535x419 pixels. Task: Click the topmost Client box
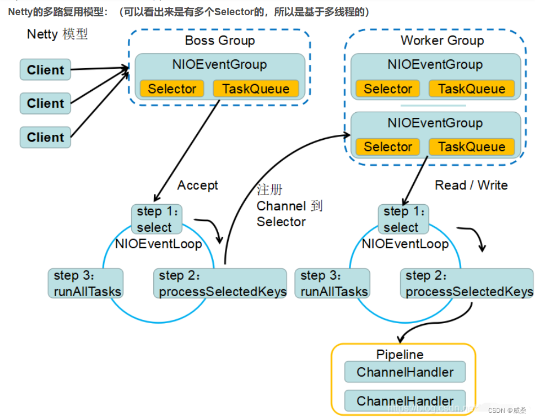pyautogui.click(x=45, y=70)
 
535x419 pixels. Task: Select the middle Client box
pyautogui.click(x=45, y=104)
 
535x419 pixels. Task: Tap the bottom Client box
pyautogui.click(x=45, y=137)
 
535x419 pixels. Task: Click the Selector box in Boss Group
pyautogui.click(x=172, y=89)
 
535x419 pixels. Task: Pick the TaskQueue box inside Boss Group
pyautogui.click(x=255, y=89)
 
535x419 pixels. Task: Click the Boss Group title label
pyautogui.click(x=219, y=41)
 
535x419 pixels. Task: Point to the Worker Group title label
pyautogui.click(x=442, y=41)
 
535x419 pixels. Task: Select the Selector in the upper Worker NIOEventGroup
pyautogui.click(x=387, y=89)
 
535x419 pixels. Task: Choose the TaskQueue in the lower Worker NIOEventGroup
pyautogui.click(x=471, y=147)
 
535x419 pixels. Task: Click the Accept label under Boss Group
pyautogui.click(x=197, y=185)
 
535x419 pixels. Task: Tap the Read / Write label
pyautogui.click(x=471, y=185)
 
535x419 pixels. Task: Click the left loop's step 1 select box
pyautogui.click(x=157, y=219)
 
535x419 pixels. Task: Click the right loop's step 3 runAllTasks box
pyautogui.click(x=333, y=284)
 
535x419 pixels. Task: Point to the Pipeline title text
pyautogui.click(x=400, y=355)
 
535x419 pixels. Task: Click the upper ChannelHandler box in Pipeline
pyautogui.click(x=405, y=372)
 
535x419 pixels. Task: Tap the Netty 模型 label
pyautogui.click(x=58, y=34)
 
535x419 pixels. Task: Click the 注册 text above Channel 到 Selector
pyautogui.click(x=269, y=189)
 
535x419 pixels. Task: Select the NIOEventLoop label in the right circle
pyautogui.click(x=405, y=244)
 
